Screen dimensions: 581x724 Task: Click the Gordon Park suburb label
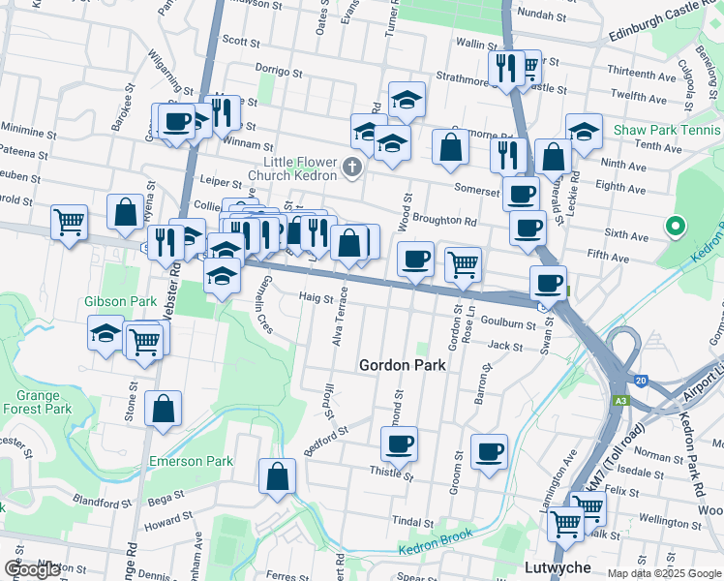(402, 365)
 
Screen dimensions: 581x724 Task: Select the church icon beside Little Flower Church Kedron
(351, 169)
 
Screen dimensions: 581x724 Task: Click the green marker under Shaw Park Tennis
(676, 227)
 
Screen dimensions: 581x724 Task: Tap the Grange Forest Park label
(44, 402)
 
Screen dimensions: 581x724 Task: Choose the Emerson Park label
(191, 462)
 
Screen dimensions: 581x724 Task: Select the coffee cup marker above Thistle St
(399, 444)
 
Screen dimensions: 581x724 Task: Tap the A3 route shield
(619, 400)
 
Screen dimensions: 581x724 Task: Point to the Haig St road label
(316, 297)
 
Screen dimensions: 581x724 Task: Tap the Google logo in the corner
(32, 569)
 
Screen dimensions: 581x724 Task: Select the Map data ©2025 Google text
(664, 573)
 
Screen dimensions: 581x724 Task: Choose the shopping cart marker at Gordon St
(464, 263)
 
